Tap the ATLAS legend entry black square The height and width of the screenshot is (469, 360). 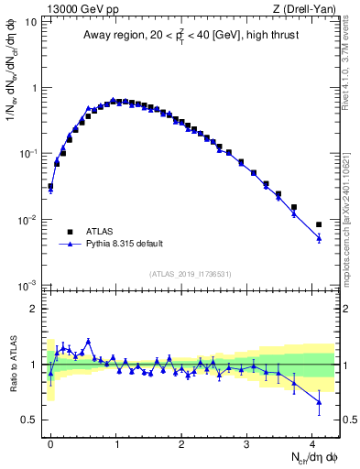[x=70, y=232]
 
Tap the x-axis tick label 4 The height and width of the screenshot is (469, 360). [x=312, y=441]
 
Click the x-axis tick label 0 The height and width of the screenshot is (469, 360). [x=50, y=441]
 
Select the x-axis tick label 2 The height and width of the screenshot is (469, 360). [x=181, y=441]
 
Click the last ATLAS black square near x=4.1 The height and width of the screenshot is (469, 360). [x=319, y=224]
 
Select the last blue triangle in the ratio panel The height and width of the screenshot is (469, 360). [x=319, y=402]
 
